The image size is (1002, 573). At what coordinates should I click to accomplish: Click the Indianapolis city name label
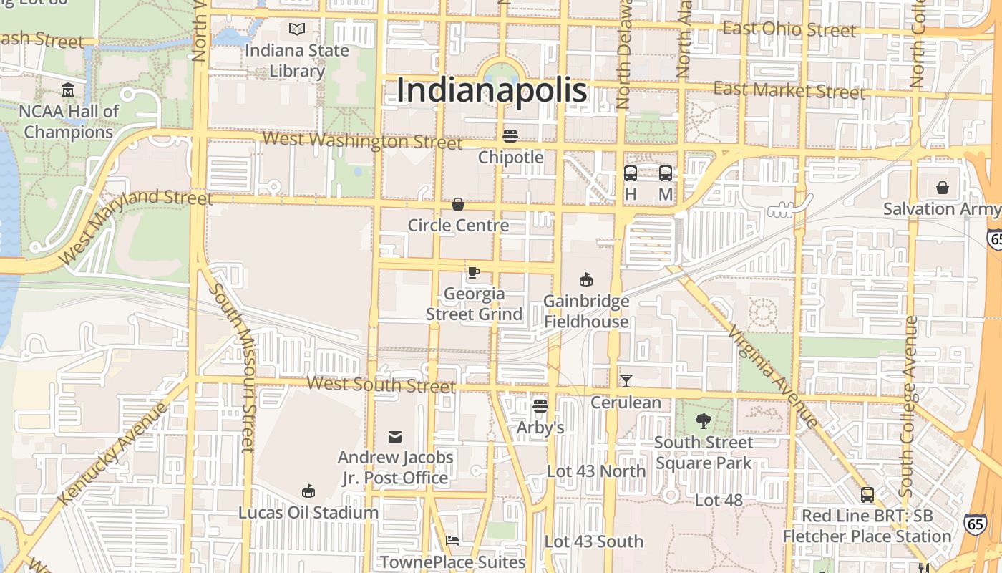pos(492,91)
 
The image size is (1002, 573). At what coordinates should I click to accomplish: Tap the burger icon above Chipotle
pos(510,135)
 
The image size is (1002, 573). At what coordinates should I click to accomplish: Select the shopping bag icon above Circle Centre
pos(458,205)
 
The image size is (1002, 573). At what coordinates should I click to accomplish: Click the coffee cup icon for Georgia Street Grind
pos(473,272)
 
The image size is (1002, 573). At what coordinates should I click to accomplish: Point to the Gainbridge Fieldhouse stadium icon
pos(586,279)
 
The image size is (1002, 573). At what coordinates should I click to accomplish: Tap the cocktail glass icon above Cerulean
pos(626,381)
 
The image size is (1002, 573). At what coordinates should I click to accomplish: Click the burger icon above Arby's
pos(540,406)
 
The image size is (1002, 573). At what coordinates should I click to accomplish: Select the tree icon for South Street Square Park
pos(704,421)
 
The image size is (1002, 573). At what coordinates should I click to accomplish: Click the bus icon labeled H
pos(631,173)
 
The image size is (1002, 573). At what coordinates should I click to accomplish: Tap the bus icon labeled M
pos(666,173)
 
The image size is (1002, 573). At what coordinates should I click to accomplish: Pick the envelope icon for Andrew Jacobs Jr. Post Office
pos(395,436)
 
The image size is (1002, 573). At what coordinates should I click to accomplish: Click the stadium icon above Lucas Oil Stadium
pos(308,491)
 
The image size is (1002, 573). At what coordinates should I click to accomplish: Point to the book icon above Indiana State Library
pos(296,29)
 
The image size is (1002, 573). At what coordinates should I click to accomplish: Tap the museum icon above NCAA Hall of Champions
pos(68,90)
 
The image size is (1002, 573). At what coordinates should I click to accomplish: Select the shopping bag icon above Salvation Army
pos(943,188)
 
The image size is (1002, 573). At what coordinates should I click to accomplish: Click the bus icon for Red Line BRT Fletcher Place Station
pos(867,494)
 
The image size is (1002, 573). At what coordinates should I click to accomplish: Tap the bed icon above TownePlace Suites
pos(452,540)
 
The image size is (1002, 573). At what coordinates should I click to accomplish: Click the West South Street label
pos(381,384)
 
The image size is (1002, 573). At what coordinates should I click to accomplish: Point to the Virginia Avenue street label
pos(772,376)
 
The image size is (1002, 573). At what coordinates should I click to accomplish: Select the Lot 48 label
pos(719,500)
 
